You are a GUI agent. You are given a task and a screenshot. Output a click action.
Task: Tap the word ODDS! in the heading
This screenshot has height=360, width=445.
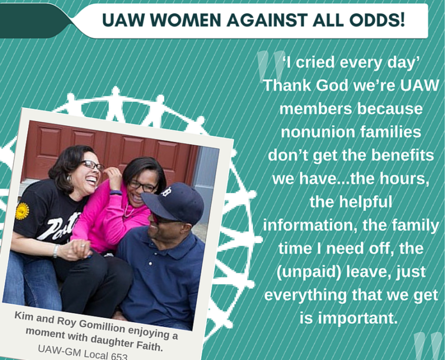pos(377,20)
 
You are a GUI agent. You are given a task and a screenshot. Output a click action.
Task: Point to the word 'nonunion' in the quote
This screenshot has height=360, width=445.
pos(318,132)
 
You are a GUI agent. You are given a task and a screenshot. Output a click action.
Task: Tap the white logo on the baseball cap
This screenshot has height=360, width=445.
pos(166,192)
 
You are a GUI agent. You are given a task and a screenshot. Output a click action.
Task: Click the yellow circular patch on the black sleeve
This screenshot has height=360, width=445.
pos(22,211)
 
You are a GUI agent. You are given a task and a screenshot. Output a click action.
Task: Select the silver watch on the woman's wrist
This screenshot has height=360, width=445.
pos(56,251)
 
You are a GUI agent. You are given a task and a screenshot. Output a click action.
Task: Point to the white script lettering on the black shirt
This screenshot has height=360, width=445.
pos(60,226)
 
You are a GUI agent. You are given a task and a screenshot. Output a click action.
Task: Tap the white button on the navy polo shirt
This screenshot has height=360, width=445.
pos(150,264)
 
